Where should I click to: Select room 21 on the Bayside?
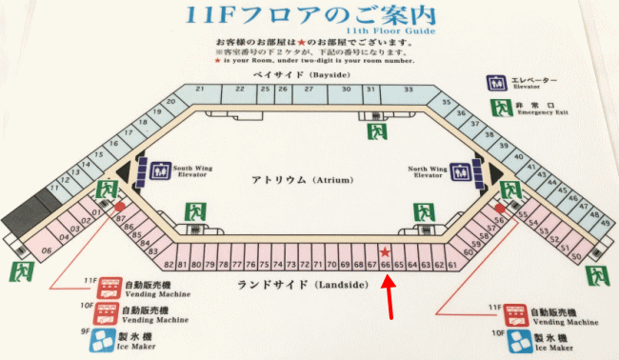point(200,89)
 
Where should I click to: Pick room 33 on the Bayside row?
point(408,89)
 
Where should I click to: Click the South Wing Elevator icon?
point(159,170)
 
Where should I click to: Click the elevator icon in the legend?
point(495,83)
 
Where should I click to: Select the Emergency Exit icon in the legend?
point(497,108)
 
